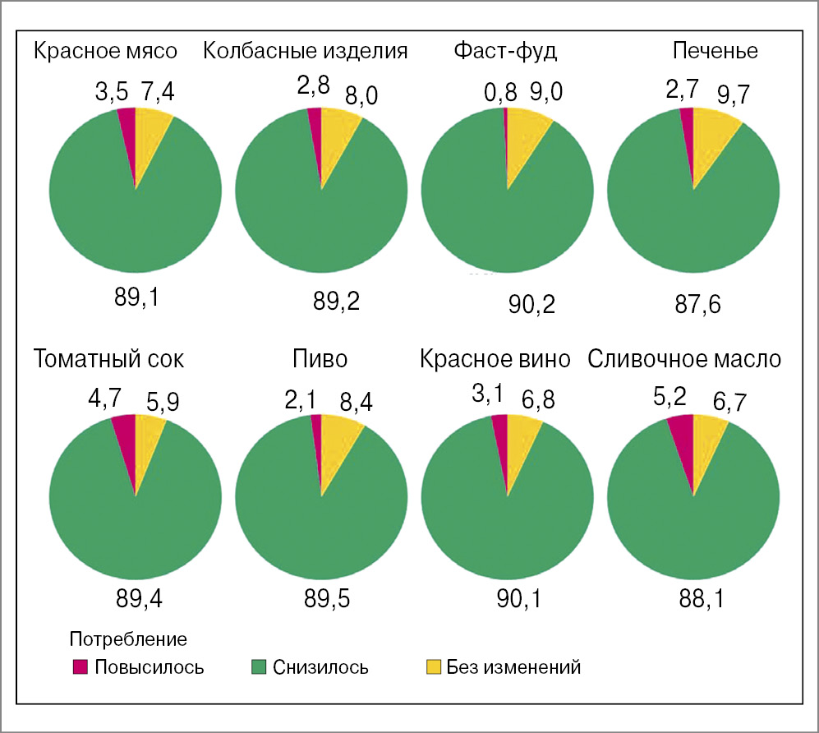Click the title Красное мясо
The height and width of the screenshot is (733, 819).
pyautogui.click(x=105, y=51)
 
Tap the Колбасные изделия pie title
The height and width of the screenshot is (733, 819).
pyautogui.click(x=306, y=51)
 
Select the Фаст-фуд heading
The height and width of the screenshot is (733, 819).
pyautogui.click(x=505, y=51)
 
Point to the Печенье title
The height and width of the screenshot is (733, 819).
pyautogui.click(x=715, y=51)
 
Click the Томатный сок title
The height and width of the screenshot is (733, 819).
pyautogui.click(x=109, y=359)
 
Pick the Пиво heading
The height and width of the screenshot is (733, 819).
pyautogui.click(x=320, y=359)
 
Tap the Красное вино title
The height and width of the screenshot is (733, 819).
pyautogui.click(x=495, y=359)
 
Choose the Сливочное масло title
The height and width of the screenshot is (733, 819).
pyautogui.click(x=683, y=359)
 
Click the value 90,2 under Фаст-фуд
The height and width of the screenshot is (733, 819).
pyautogui.click(x=532, y=306)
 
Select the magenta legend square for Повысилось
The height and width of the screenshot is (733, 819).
pyautogui.click(x=80, y=666)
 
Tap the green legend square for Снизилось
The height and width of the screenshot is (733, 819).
pyautogui.click(x=258, y=666)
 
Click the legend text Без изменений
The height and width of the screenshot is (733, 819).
pyautogui.click(x=514, y=667)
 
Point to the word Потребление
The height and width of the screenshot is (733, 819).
pyautogui.click(x=129, y=638)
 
